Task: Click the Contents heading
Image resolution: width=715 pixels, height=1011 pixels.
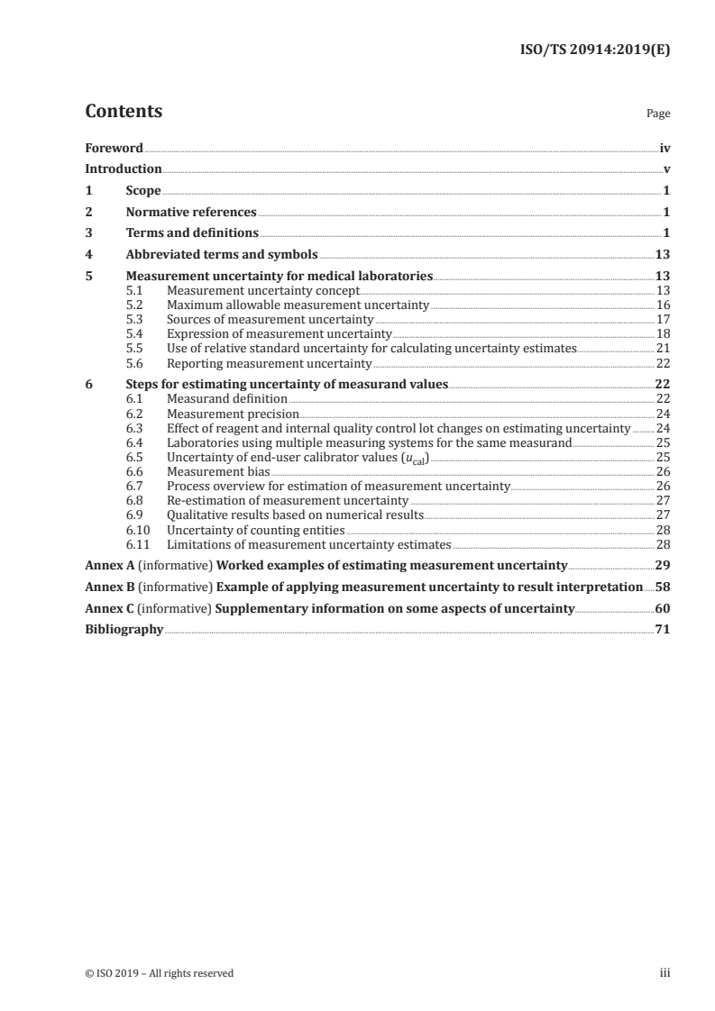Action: point(124,112)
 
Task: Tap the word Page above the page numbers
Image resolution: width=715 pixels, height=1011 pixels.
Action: point(658,114)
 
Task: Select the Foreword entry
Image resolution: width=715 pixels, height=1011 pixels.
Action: point(114,148)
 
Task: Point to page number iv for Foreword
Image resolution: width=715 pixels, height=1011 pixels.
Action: point(665,148)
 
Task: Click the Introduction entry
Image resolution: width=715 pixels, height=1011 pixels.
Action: point(124,168)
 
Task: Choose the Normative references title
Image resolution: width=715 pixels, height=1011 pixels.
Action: point(191,213)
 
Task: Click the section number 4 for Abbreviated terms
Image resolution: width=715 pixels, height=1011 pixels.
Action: point(88,255)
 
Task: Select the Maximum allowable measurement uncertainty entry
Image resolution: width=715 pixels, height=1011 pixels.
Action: point(298,305)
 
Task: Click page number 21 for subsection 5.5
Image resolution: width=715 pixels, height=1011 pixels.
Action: point(663,348)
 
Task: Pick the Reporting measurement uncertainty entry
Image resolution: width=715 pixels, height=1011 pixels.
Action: point(270,362)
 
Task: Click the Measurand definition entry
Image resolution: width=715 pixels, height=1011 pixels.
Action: point(227,398)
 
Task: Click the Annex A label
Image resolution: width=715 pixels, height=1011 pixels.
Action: point(109,566)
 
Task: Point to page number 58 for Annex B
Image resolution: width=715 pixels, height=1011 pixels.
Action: point(663,587)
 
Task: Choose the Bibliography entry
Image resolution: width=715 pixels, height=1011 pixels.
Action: point(124,630)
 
